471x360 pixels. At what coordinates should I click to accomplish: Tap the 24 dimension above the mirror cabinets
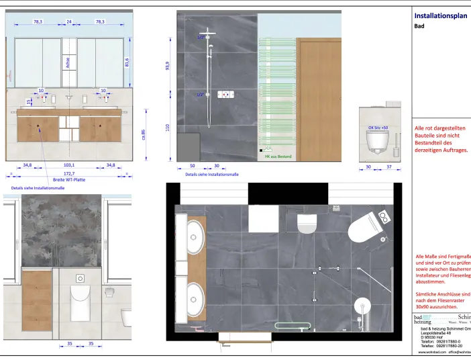pos(68,22)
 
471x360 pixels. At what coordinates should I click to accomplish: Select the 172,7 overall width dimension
pos(69,173)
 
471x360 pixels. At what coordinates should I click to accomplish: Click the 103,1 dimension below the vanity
pos(69,165)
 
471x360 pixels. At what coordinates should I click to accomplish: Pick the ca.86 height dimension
pos(143,135)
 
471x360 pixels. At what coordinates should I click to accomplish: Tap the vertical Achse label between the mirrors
pos(68,62)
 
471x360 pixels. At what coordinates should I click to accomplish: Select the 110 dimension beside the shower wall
pos(168,127)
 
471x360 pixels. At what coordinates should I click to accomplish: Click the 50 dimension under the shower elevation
pos(192,165)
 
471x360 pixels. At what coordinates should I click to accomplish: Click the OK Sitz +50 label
pos(378,127)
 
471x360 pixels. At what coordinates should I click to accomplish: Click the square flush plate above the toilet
pos(80,277)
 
